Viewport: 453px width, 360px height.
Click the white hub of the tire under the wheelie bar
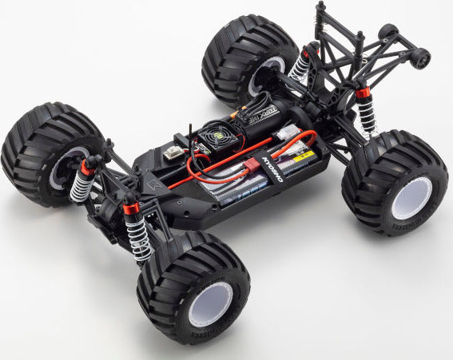pos(412,198)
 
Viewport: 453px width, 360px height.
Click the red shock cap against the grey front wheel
pos(86,166)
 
